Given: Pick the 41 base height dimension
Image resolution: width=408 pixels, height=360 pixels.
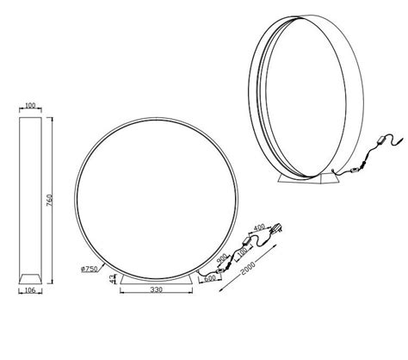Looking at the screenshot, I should [115, 277].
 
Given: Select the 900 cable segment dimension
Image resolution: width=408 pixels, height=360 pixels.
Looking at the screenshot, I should [222, 258].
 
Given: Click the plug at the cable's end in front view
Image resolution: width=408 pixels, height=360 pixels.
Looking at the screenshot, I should [277, 230].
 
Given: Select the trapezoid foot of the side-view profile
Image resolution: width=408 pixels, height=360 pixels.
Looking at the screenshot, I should [32, 278].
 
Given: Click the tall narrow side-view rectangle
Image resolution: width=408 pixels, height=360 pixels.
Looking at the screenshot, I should [32, 189].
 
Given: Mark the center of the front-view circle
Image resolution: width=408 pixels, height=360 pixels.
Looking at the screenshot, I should [139, 190].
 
